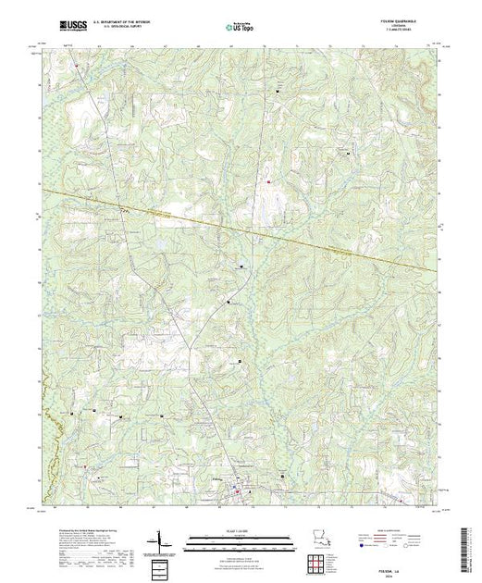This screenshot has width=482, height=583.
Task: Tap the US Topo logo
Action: pyautogui.click(x=240, y=30)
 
